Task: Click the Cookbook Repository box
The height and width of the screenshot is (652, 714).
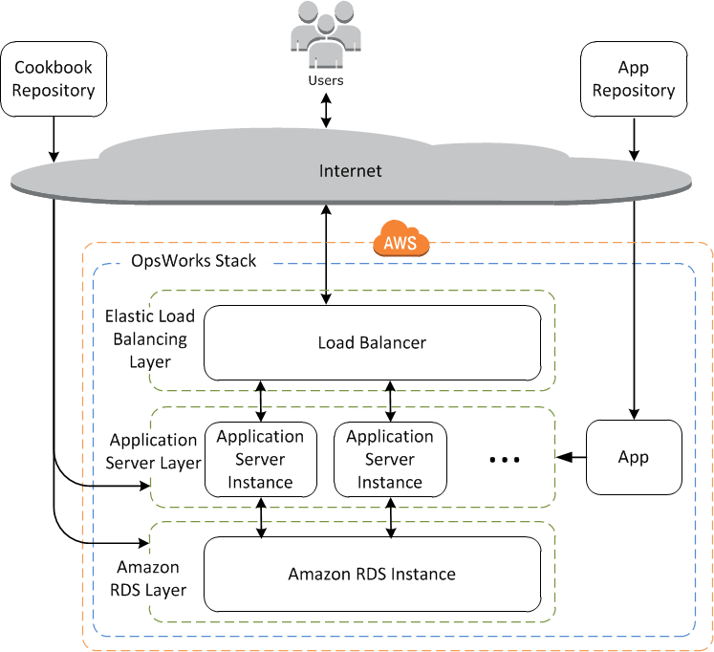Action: click(x=54, y=79)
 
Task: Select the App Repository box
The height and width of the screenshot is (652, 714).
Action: click(x=634, y=79)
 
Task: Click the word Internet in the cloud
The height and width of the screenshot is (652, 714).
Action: click(x=350, y=171)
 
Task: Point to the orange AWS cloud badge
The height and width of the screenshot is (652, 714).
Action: click(x=400, y=240)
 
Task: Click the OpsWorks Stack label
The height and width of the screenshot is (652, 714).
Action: click(x=194, y=261)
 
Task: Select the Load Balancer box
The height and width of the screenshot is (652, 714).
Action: click(x=371, y=342)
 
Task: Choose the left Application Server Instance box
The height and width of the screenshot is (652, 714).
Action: click(x=260, y=460)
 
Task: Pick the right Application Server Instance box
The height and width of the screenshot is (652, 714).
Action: click(x=390, y=460)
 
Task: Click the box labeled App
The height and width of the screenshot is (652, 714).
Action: click(x=634, y=457)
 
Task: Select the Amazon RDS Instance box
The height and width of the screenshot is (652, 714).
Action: click(x=372, y=575)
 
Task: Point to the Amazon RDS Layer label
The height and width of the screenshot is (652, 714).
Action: click(x=151, y=578)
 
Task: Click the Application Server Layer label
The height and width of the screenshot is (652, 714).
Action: click(x=153, y=452)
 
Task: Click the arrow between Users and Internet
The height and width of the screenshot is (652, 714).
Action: click(x=327, y=111)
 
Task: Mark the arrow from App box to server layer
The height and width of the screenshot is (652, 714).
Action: click(x=571, y=457)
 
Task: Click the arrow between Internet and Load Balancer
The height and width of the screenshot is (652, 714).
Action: click(x=327, y=253)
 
